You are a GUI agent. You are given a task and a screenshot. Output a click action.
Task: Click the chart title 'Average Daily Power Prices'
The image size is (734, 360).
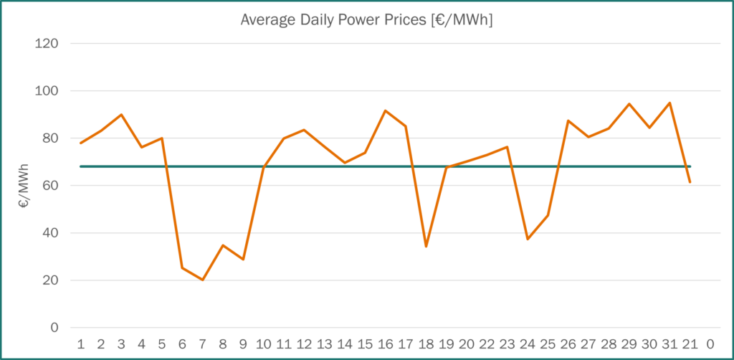pos(366,21)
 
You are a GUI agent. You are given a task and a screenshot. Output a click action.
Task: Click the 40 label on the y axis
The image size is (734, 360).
pos(50,233)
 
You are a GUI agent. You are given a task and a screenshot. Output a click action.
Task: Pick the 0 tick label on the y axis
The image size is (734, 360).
pos(54,328)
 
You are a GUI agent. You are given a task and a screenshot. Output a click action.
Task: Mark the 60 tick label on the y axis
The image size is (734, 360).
pos(50,186)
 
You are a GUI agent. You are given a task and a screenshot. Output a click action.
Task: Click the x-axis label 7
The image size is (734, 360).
pos(203,344)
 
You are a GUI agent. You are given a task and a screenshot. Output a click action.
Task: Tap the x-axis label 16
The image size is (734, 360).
pos(385,344)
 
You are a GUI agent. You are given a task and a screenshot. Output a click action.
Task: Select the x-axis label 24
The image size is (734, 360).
pos(528,344)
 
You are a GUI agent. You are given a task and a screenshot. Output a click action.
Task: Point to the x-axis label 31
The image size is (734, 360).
pos(669,344)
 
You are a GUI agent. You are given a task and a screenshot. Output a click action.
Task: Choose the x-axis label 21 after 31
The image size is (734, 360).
pos(690,344)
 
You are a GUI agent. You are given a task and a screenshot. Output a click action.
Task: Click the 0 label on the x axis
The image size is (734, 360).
pos(710,344)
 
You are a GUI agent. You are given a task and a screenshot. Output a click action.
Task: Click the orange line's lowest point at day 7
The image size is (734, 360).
pos(203,280)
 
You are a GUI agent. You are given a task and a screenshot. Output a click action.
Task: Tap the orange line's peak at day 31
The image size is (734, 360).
pos(669,103)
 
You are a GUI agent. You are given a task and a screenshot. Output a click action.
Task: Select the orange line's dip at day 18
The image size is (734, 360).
pos(426,247)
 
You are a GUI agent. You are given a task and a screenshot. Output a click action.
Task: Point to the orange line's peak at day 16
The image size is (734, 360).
pos(385,110)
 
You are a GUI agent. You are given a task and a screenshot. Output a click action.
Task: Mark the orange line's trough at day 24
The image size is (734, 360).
pos(528,239)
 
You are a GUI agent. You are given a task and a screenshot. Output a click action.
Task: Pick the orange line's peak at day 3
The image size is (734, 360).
pos(121,114)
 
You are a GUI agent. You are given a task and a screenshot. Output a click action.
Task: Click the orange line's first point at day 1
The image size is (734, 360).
pos(80,143)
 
